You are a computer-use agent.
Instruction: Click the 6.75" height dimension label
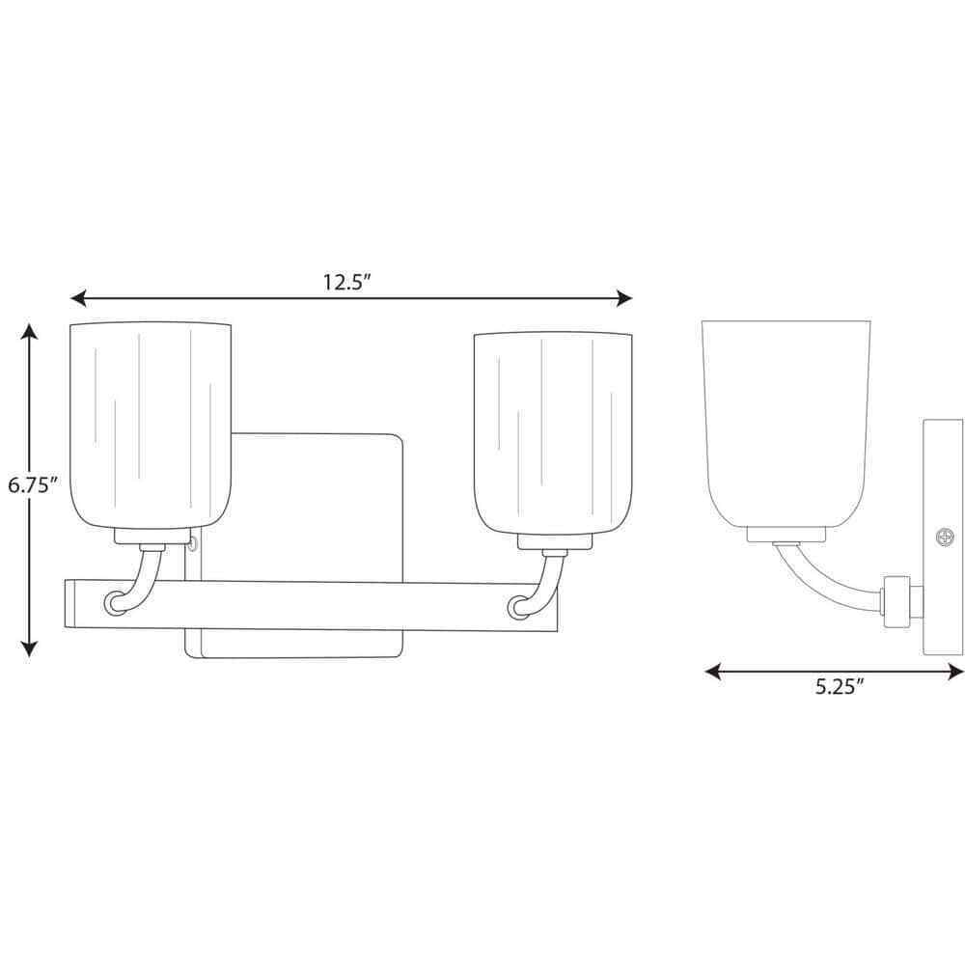point(33,485)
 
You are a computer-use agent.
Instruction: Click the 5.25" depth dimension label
point(841,687)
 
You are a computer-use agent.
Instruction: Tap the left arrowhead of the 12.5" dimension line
point(77,299)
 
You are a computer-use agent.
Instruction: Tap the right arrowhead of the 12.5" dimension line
point(624,299)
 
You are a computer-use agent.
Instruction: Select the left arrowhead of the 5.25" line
point(713,672)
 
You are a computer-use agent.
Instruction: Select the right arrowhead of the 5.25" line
point(956,672)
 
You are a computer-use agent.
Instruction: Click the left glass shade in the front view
point(151,426)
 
